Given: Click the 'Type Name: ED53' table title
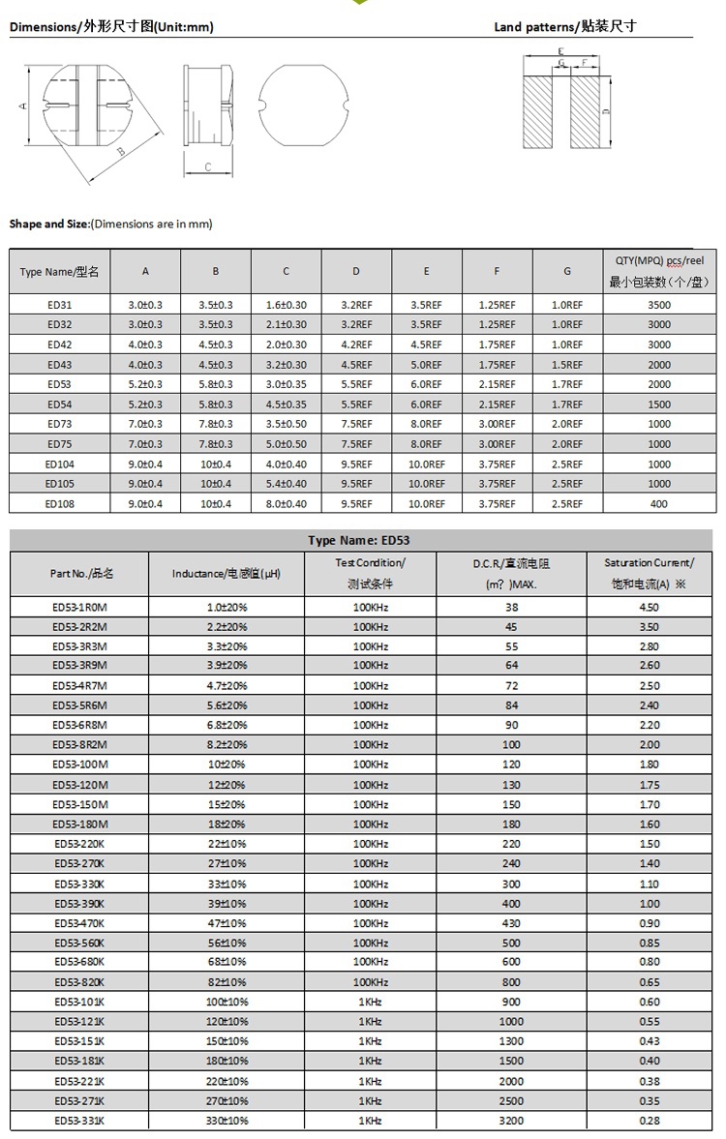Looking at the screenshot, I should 365,540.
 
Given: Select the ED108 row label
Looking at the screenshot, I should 59,504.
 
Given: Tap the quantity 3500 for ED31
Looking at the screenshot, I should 658,305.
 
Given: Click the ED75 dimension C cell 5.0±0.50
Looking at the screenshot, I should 286,444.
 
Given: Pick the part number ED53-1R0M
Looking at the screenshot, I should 80,607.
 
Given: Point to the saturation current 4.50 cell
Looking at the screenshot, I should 649,607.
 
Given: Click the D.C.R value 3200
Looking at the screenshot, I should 511,1121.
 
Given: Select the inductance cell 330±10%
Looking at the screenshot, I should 227,1121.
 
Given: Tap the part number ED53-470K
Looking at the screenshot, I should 79,923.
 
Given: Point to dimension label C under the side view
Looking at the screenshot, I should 208,167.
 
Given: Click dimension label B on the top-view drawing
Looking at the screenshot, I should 121,152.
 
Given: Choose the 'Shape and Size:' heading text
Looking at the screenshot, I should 48,224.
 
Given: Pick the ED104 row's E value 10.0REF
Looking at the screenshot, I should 426,465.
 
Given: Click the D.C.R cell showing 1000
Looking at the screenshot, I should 511,1022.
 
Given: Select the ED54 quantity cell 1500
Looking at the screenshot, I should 658,405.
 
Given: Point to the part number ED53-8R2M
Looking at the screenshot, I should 80,745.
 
